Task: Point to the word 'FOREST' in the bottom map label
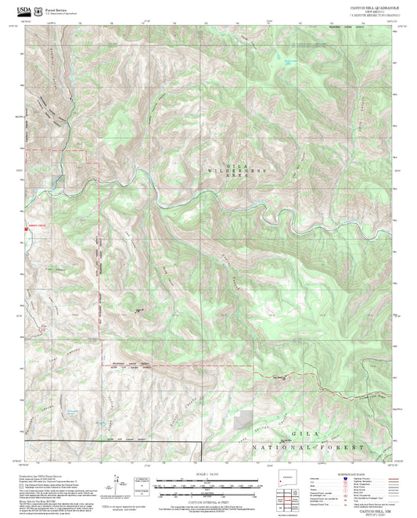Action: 342,446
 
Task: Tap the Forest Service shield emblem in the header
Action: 38,12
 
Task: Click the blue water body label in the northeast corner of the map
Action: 291,61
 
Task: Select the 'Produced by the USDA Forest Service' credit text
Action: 43,476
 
